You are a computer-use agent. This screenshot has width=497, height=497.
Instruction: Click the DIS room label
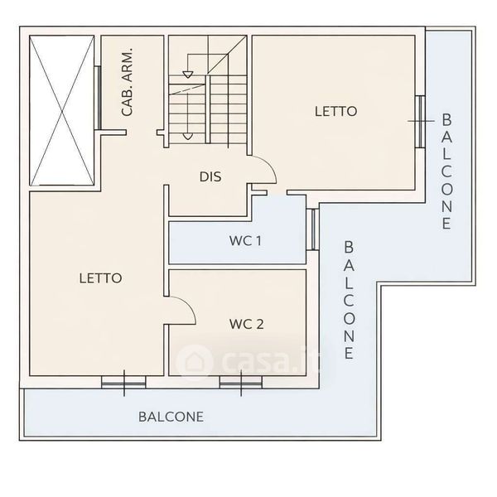click(x=210, y=176)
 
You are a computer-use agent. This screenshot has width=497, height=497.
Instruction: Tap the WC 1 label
click(x=245, y=241)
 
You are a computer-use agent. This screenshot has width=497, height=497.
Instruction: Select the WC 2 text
click(x=247, y=324)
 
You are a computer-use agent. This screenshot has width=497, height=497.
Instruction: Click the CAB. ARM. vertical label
click(x=127, y=82)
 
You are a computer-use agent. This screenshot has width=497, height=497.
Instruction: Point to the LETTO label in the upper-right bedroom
click(x=336, y=111)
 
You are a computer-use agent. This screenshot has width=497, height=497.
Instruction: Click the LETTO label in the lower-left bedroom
click(x=100, y=278)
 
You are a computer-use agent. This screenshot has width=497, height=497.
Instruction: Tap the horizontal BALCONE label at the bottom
click(x=171, y=417)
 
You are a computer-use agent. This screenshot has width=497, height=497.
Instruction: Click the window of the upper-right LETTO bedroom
click(x=420, y=122)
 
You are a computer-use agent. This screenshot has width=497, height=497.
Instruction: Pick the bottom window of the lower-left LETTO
click(x=123, y=383)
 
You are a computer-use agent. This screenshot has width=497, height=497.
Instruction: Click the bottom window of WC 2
click(x=241, y=383)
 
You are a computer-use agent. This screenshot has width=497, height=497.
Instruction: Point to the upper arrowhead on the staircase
click(x=188, y=75)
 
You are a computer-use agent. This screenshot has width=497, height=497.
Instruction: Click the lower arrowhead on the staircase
click(x=188, y=137)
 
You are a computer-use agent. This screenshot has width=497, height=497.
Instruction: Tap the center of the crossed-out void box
click(x=62, y=110)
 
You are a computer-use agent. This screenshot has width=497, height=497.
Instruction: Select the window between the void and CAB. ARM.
click(x=99, y=98)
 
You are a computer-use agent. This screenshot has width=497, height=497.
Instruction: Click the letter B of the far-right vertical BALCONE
click(x=446, y=119)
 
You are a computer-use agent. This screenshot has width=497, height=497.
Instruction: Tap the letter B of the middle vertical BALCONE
click(x=349, y=247)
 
